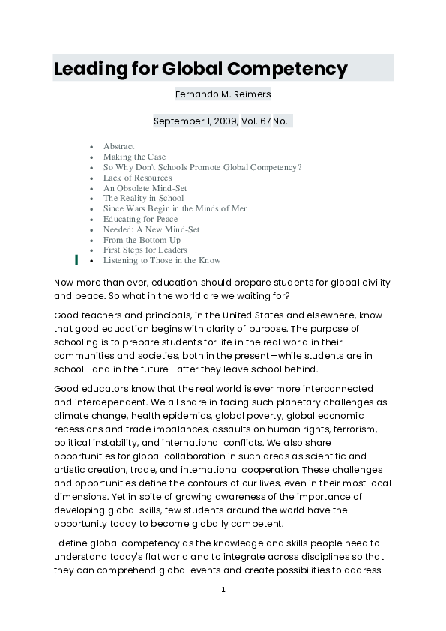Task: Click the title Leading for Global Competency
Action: point(201,70)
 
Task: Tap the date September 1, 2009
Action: point(193,121)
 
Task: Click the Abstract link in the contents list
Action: point(119,146)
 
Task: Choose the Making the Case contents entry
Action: point(135,157)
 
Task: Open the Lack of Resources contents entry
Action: point(138,178)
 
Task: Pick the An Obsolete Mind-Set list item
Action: point(145,188)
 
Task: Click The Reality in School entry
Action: point(143,198)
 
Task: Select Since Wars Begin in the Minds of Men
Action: point(175,208)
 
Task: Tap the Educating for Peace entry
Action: point(141,219)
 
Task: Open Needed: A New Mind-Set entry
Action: point(151,229)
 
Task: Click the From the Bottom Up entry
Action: point(142,240)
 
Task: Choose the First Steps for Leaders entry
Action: point(145,250)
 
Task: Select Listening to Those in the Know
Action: point(162,260)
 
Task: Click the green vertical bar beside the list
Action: point(76,260)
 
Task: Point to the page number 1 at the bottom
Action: point(223,590)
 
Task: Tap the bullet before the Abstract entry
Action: point(91,147)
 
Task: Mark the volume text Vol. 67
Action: point(256,121)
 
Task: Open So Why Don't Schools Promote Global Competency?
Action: point(202,167)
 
